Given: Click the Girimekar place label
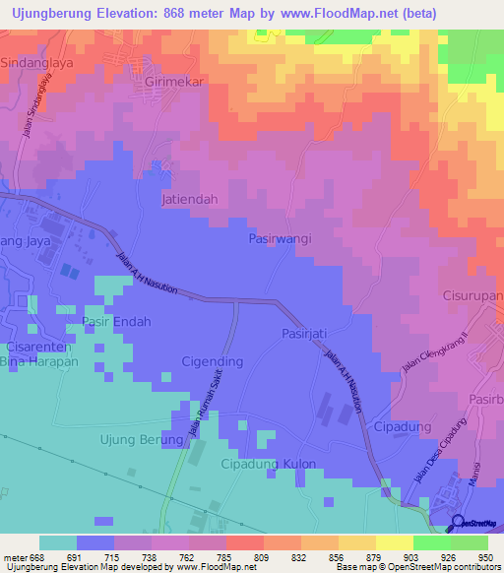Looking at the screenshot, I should (173, 83).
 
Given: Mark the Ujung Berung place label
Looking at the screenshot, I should (142, 439).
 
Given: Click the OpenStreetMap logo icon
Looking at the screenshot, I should (457, 522).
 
